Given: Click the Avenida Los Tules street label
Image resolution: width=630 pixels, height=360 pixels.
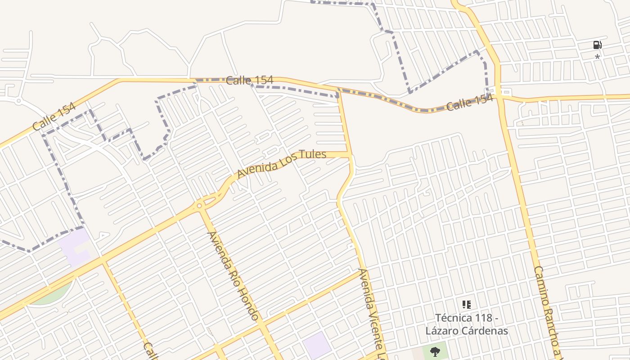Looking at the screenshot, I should click(281, 164).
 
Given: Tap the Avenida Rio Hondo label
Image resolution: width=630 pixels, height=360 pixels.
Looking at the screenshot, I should click(233, 275).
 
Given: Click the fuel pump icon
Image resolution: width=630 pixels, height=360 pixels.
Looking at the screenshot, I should click(597, 45).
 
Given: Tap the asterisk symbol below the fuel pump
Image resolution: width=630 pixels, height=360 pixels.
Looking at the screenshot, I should click(597, 58).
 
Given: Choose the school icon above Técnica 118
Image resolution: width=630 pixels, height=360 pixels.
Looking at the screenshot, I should click(467, 305).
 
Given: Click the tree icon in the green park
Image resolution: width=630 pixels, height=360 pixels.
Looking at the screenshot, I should click(435, 351).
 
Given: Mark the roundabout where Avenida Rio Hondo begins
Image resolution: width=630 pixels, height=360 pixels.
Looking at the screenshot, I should click(199, 206).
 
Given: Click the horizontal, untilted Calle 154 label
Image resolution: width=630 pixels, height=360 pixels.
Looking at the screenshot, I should click(249, 81).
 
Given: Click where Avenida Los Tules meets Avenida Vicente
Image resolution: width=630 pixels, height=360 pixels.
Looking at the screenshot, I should click(350, 155).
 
